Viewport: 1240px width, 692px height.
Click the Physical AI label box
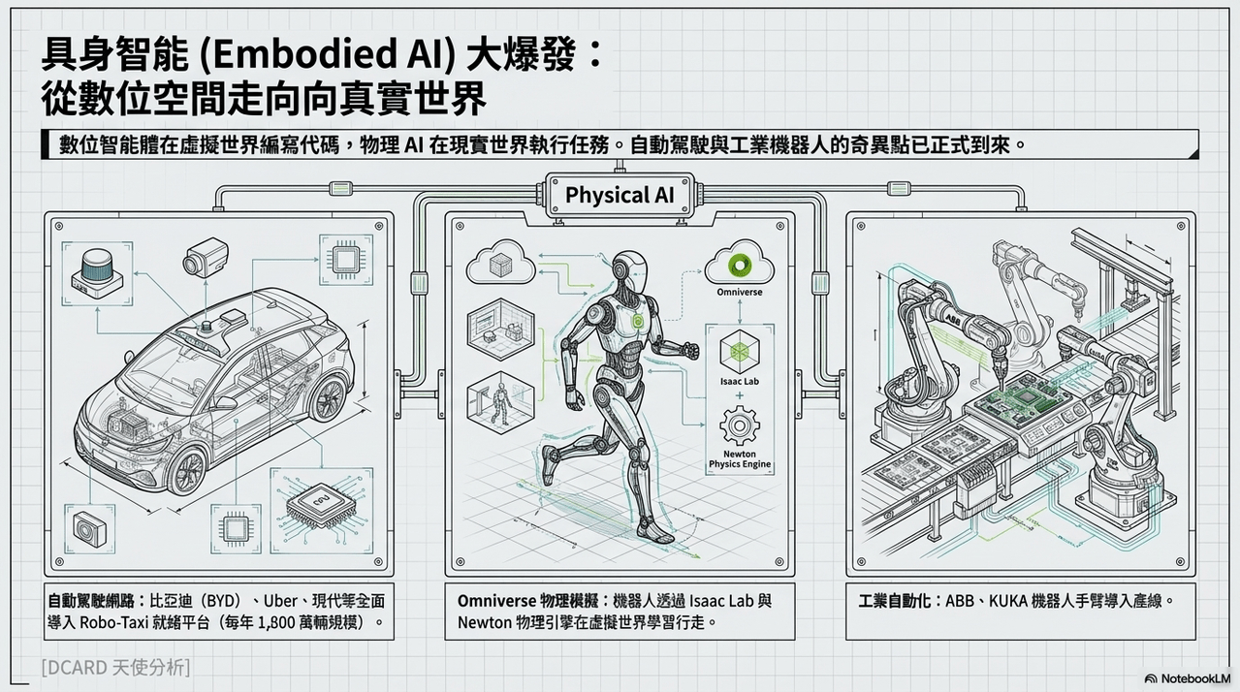click(x=620, y=195)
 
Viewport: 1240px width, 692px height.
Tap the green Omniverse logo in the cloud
click(x=740, y=266)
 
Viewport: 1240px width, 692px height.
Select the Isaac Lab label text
click(x=740, y=382)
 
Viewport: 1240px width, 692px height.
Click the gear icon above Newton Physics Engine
click(x=740, y=425)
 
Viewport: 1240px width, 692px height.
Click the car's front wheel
click(x=188, y=472)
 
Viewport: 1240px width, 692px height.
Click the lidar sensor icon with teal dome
click(x=97, y=273)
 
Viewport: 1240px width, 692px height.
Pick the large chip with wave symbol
click(x=320, y=508)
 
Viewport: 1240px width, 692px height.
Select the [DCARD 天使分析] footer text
click(x=115, y=668)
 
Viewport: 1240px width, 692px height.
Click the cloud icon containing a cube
click(x=501, y=264)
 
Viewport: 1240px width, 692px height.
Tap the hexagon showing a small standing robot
click(x=500, y=401)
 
